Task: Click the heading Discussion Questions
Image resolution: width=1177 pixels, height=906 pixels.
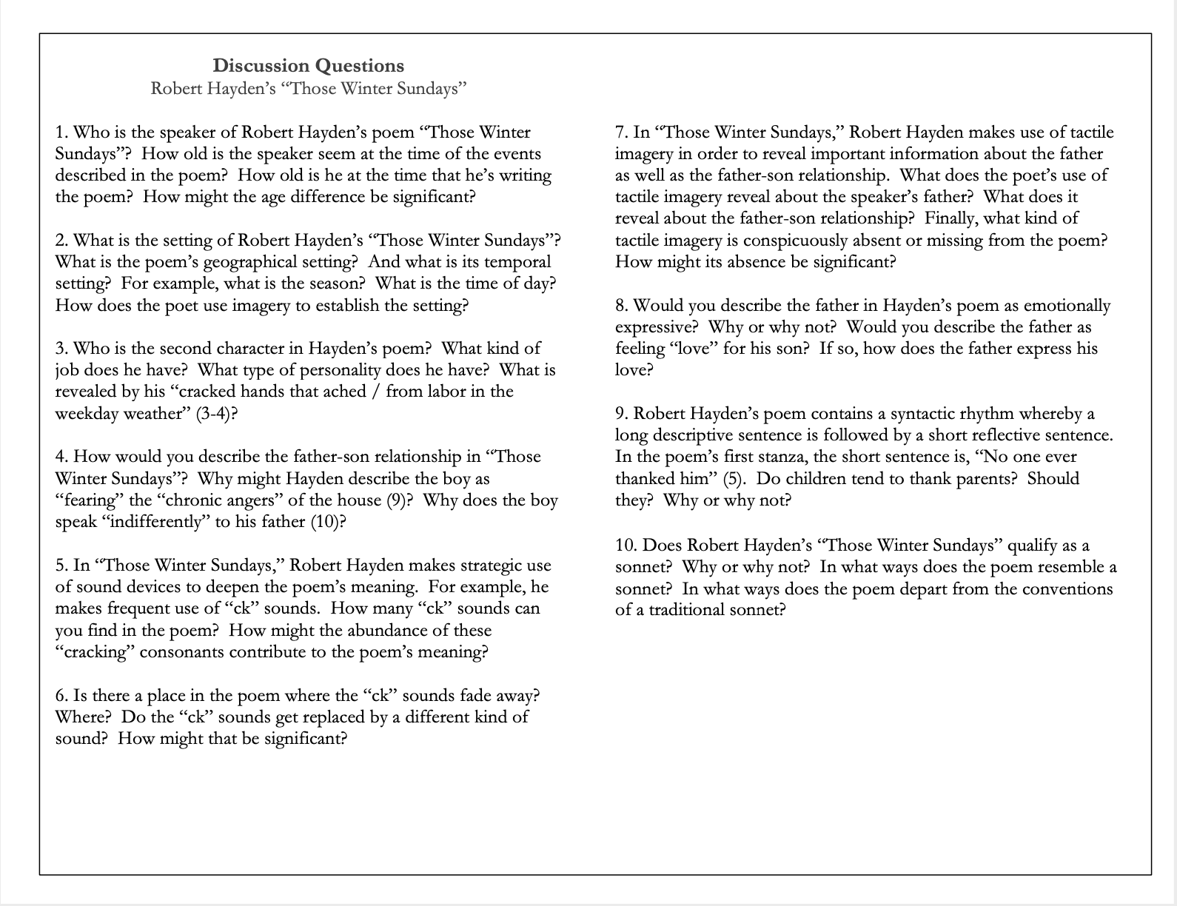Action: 309,66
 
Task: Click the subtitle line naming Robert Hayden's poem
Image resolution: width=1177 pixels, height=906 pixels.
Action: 309,89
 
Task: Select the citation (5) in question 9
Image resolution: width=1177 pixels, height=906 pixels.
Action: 733,478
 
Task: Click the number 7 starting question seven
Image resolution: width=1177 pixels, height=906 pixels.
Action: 620,132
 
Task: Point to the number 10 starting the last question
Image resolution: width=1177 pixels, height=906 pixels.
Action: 625,546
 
